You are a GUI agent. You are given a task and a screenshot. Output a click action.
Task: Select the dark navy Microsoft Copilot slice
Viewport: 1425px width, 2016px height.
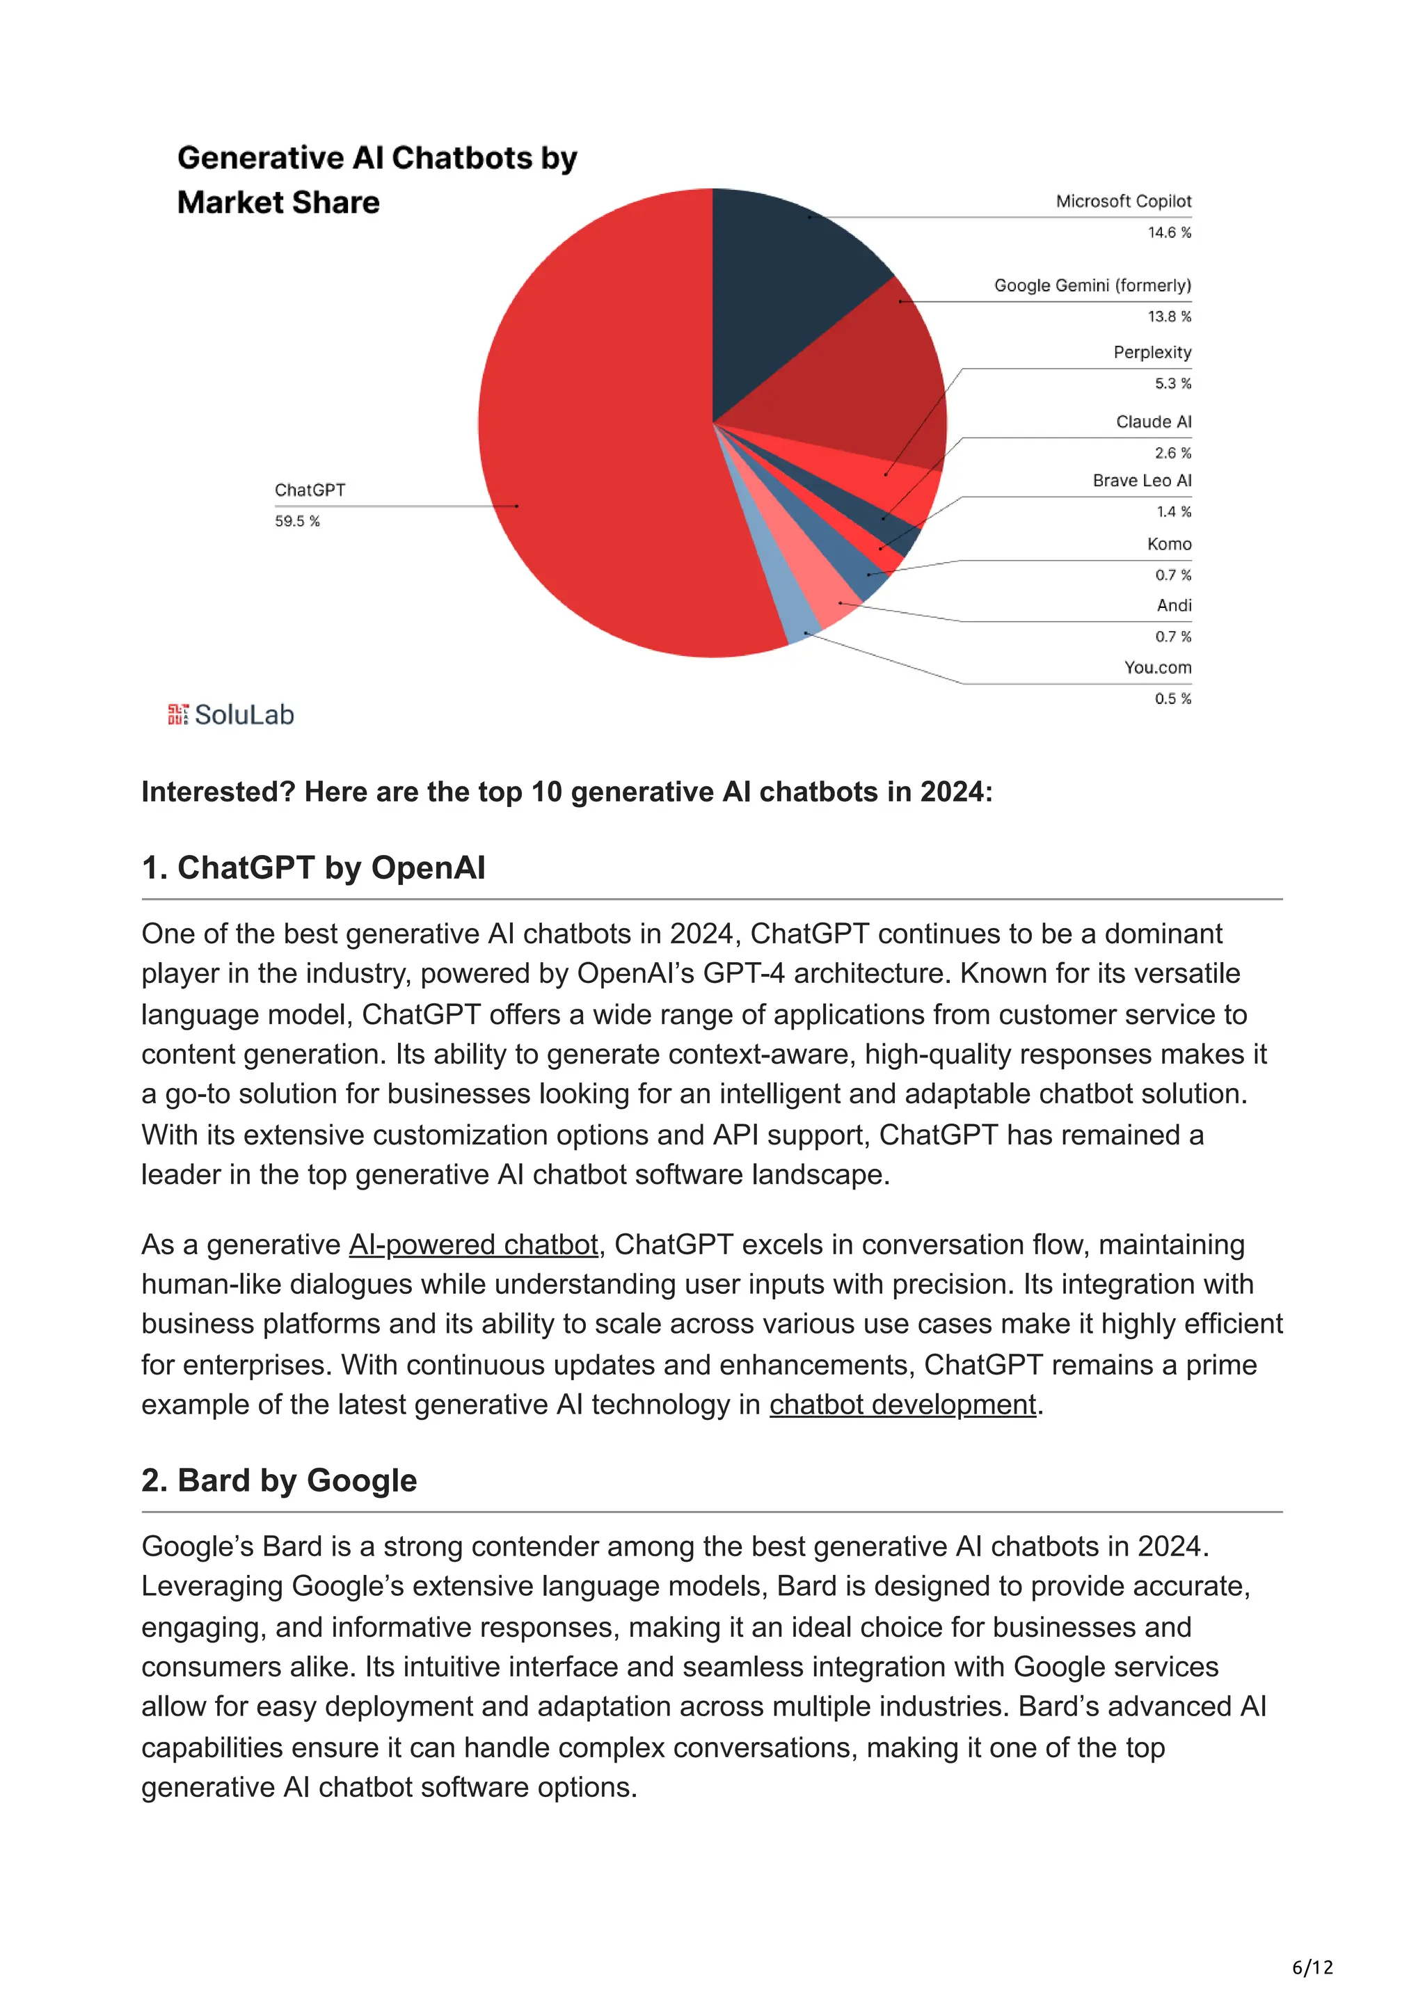[x=781, y=281]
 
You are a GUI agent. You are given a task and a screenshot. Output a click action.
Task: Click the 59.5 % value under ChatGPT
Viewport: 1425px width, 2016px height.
[x=297, y=522]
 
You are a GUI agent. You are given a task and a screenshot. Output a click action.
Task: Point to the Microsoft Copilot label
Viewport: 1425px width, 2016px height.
[x=1123, y=201]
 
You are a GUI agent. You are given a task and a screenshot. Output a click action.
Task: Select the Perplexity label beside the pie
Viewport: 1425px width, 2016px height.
[x=1152, y=352]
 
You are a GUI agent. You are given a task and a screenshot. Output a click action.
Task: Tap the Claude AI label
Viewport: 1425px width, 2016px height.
[x=1154, y=422]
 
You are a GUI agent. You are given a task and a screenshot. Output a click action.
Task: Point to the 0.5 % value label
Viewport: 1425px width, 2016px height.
[x=1172, y=699]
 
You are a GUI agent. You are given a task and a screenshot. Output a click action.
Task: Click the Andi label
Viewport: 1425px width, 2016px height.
[x=1174, y=605]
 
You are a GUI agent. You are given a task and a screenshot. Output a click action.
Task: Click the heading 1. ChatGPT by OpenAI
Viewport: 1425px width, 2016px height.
[x=313, y=867]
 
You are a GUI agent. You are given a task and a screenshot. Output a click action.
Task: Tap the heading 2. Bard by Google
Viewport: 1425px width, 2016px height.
[x=279, y=1480]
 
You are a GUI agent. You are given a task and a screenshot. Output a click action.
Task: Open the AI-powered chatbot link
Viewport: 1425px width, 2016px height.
[x=473, y=1245]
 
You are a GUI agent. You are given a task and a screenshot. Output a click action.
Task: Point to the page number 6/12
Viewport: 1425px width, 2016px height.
[x=1312, y=1968]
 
